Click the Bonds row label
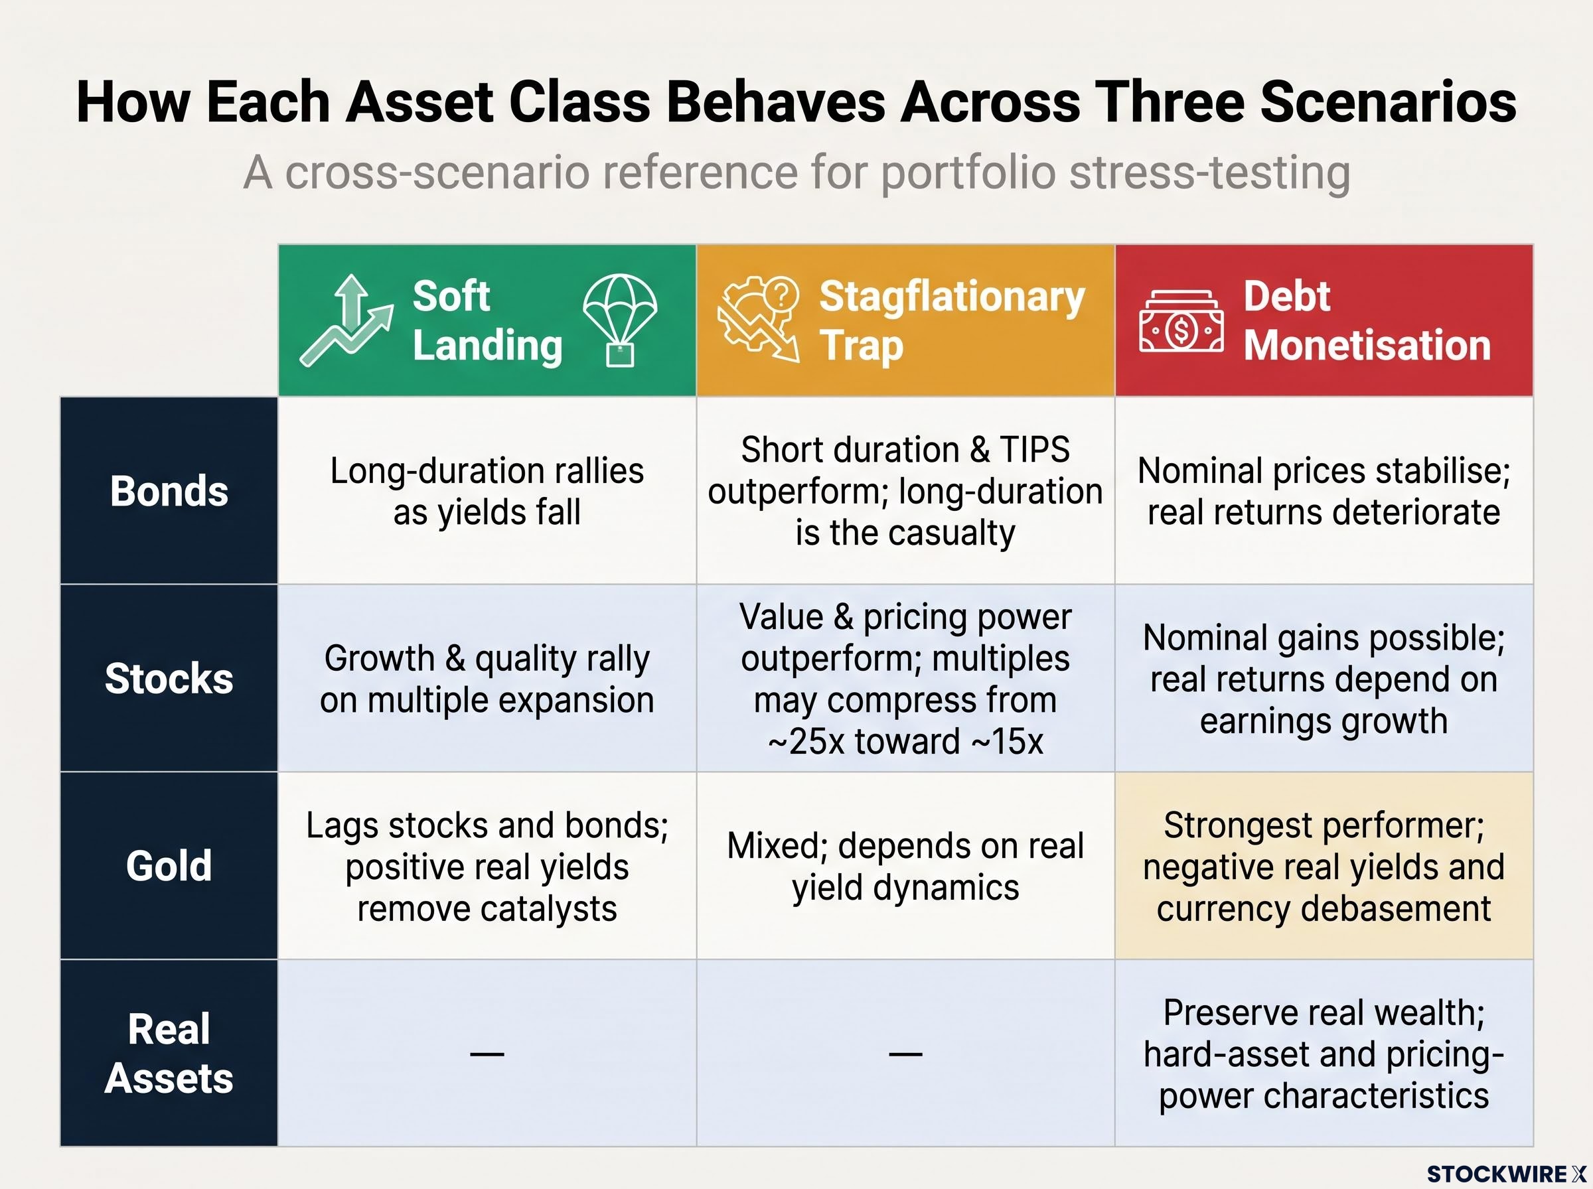pos(169,491)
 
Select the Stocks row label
pos(169,678)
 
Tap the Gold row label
pos(169,865)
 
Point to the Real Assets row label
pos(169,1053)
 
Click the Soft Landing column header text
pos(487,320)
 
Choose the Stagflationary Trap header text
pos(952,320)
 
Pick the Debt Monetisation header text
pos(1367,320)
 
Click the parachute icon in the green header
pos(620,320)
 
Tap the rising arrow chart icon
pos(346,320)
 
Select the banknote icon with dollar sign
pos(1181,322)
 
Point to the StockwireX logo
pos(1506,1174)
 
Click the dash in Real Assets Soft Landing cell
pos(487,1054)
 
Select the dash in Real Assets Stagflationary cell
pos(905,1054)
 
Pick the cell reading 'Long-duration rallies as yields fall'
pos(487,491)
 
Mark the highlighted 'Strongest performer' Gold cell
pos(1324,866)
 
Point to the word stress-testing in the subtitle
pos(1209,173)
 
